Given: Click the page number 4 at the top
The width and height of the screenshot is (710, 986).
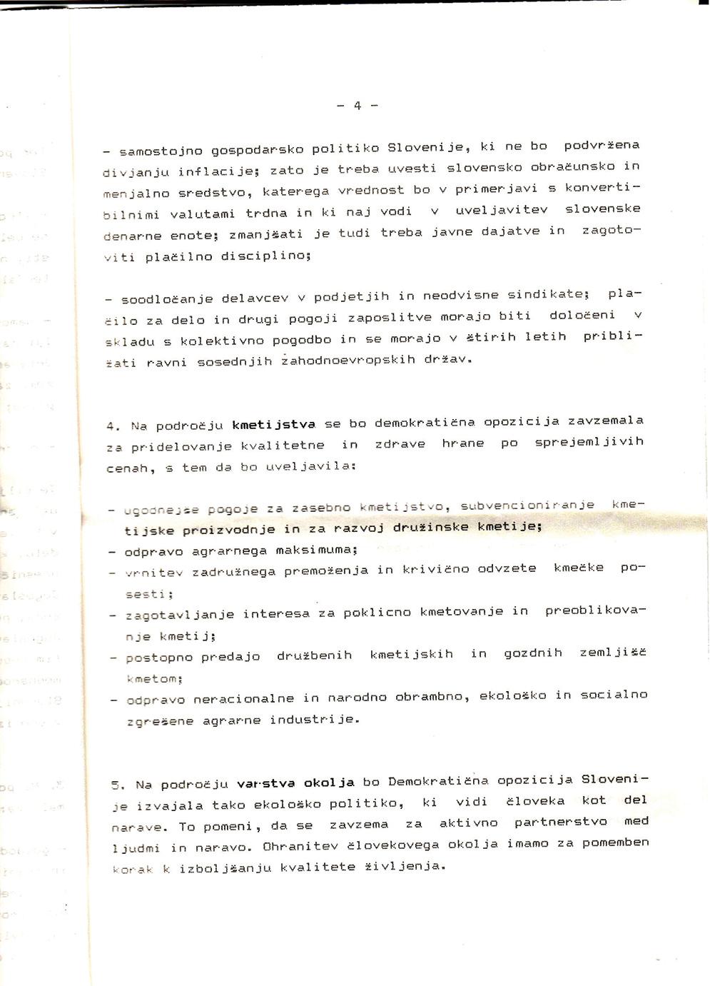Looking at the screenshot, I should point(357,106).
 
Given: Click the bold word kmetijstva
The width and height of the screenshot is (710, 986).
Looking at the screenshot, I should point(273,425).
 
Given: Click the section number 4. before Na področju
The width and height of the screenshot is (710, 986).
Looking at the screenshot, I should point(113,426).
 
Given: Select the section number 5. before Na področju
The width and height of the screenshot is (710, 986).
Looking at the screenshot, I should point(118,785).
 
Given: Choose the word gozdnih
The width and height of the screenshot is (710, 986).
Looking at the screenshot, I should point(533,653).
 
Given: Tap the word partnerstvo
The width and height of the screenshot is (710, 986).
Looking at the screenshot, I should point(561,822).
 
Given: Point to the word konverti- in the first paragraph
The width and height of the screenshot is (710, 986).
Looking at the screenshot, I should point(603,188).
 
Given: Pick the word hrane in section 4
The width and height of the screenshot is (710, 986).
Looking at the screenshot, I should point(463,443).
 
